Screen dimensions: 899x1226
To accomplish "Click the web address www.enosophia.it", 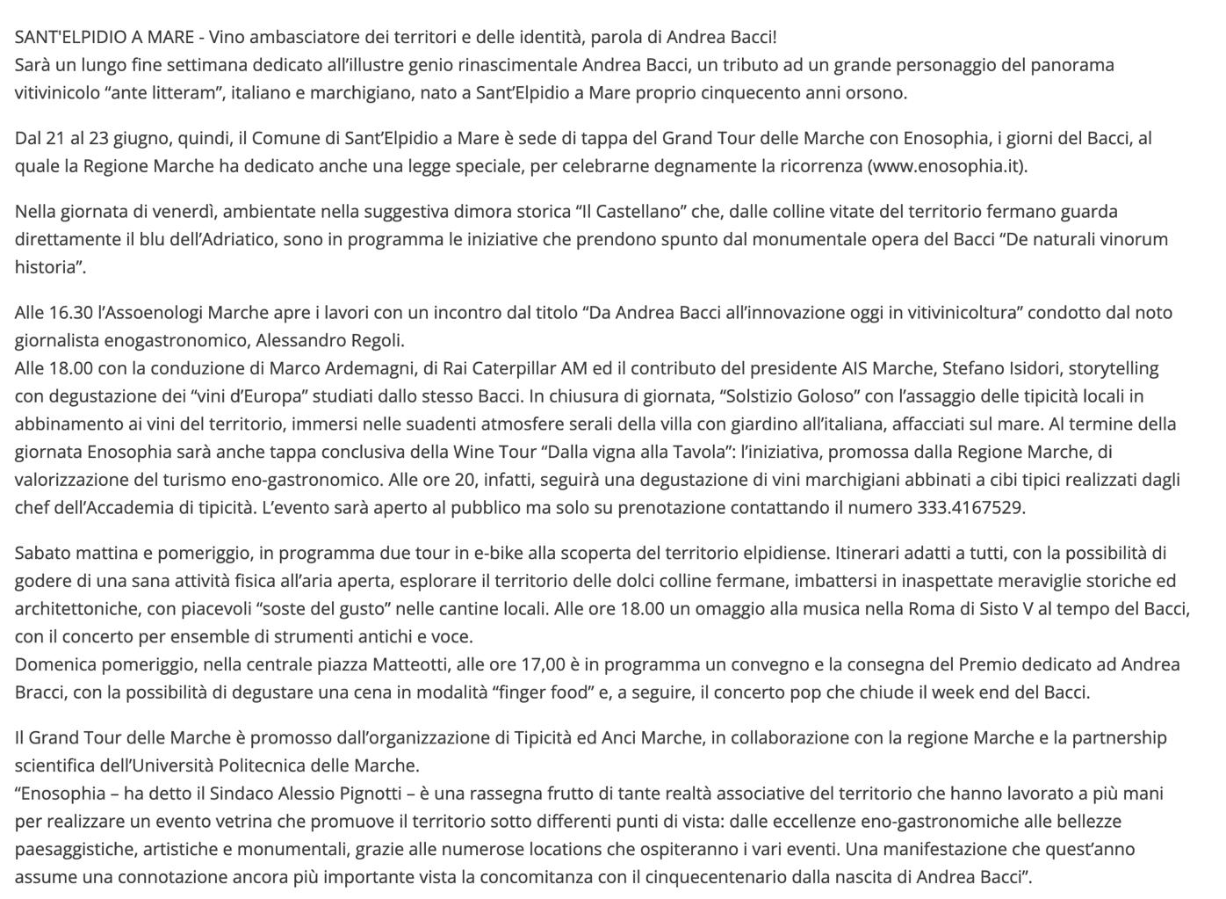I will [947, 166].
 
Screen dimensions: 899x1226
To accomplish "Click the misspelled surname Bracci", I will [40, 692].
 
